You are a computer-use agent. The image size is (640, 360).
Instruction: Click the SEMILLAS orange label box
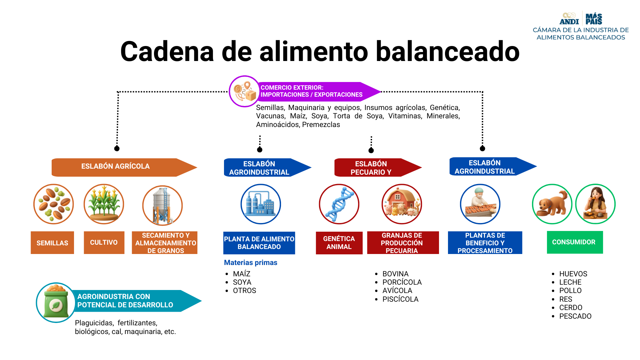52,243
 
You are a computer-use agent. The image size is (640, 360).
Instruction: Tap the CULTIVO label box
104,242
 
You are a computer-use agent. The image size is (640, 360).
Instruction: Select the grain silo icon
162,205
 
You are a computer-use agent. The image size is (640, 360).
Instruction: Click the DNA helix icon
339,204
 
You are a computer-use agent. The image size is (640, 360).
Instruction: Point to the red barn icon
402,204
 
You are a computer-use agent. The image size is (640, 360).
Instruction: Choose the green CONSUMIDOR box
575,242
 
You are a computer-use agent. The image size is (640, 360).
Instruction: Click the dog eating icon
552,204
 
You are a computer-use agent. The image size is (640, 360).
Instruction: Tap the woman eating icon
595,204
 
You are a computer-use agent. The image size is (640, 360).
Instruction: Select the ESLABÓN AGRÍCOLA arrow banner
120,167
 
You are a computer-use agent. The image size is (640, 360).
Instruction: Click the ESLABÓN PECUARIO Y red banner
373,168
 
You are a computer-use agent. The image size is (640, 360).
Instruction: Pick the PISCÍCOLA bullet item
400,299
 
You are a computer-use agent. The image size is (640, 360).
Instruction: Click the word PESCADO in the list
575,316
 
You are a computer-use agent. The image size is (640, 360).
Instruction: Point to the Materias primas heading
251,263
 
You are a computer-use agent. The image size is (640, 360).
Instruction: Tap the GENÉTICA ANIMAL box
339,243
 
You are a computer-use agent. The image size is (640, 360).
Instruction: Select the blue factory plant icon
261,204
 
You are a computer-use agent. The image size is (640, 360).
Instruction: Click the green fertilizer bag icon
56,302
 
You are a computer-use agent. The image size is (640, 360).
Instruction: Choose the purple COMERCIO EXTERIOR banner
313,91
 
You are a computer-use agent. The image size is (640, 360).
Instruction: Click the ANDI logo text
569,22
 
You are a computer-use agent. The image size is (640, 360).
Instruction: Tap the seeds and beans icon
53,204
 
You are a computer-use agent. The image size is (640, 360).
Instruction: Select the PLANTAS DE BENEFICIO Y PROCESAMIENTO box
485,243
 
